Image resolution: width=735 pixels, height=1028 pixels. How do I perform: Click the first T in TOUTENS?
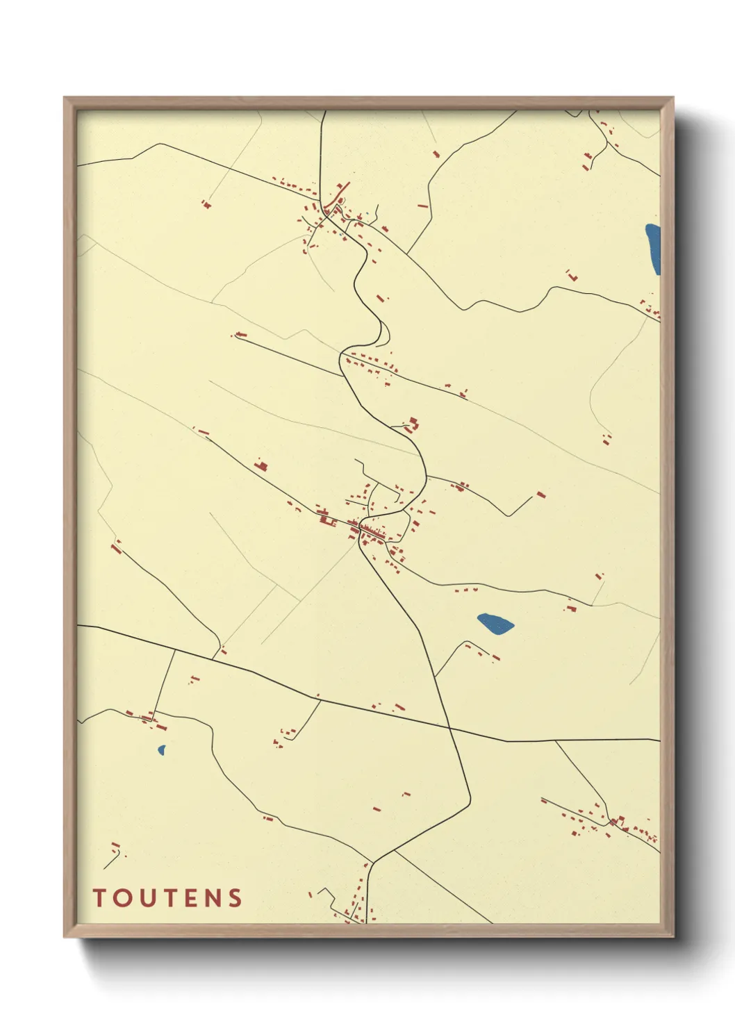(99, 897)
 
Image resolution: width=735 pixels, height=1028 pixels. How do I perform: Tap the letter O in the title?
(121, 897)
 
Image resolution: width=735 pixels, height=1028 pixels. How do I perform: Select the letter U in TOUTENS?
(144, 897)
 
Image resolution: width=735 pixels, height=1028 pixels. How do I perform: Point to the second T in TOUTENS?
(167, 897)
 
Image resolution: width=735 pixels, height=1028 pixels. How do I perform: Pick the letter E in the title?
(188, 897)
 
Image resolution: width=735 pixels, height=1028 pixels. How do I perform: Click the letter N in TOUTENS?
(211, 897)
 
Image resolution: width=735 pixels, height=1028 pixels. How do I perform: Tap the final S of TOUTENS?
(235, 897)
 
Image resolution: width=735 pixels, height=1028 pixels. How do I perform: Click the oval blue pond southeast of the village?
(495, 623)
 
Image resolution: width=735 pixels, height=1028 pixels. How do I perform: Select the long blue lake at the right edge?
(653, 249)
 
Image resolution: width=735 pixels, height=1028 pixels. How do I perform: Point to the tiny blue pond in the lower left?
(162, 750)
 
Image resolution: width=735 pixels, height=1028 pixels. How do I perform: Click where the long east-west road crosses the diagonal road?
(449, 728)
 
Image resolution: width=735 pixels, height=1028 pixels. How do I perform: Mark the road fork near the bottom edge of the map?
(372, 863)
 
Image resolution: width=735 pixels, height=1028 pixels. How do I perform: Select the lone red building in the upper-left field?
(206, 204)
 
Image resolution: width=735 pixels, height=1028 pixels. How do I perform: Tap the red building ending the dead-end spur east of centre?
(540, 495)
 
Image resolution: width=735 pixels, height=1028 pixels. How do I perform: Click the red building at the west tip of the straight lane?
(240, 335)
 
